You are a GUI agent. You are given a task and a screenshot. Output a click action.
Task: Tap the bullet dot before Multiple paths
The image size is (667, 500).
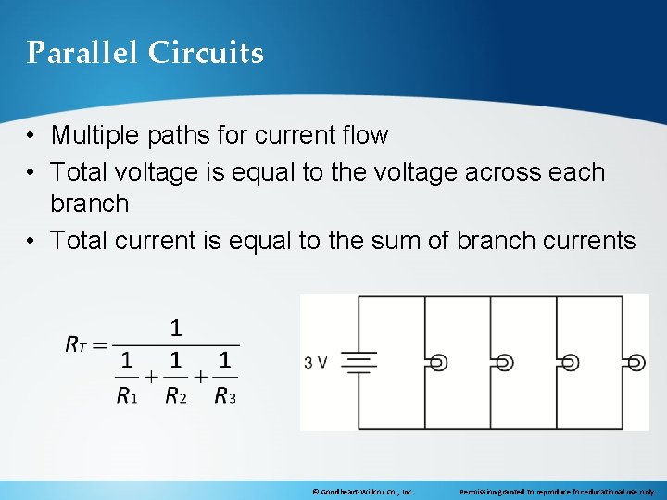31,136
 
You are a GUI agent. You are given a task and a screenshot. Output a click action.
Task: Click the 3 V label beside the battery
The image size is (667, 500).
315,362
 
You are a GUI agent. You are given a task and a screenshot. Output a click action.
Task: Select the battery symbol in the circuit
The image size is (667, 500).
358,362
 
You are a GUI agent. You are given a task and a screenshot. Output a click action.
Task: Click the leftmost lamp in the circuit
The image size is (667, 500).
439,363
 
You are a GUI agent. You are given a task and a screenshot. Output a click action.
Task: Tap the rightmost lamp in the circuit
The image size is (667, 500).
636,363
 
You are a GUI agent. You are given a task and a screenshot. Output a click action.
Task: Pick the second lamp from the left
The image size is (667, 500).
505,363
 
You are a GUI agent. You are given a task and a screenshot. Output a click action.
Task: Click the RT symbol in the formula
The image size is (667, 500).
75,344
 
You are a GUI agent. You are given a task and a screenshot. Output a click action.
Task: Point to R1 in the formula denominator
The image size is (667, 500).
126,396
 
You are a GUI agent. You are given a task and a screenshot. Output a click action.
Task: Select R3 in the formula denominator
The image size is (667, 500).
224,396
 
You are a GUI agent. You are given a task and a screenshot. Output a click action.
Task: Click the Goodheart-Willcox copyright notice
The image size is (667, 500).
362,492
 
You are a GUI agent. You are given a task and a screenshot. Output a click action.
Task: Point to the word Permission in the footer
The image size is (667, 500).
481,492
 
